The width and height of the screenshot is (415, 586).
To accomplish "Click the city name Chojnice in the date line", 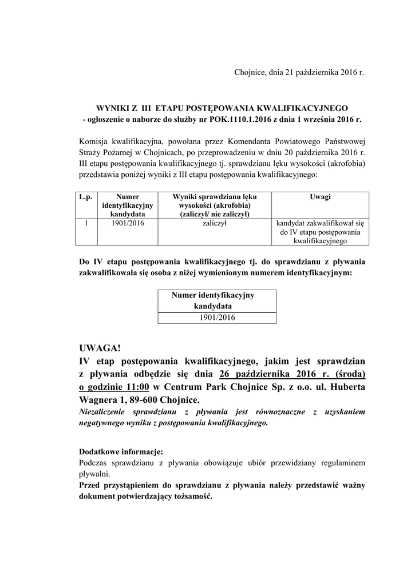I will pyautogui.click(x=249, y=73).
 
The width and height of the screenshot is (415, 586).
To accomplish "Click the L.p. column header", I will pyautogui.click(x=85, y=196).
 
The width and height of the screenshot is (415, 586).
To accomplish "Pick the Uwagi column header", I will pyautogui.click(x=320, y=196).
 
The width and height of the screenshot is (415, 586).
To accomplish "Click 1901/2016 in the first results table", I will pyautogui.click(x=128, y=224).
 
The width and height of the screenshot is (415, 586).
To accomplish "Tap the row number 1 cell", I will pyautogui.click(x=85, y=224).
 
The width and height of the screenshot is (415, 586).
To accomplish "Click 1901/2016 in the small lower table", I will pyautogui.click(x=216, y=318).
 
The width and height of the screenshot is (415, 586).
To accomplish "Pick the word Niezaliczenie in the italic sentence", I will pyautogui.click(x=101, y=411).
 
